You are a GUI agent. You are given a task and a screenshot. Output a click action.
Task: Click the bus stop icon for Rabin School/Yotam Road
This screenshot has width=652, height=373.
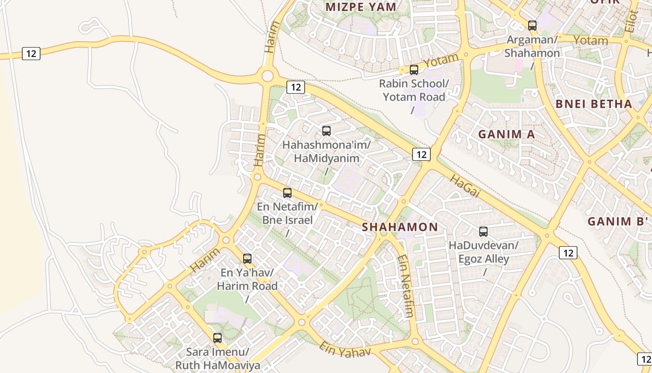[x=414, y=70]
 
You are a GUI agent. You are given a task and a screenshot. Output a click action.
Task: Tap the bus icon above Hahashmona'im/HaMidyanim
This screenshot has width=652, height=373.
[x=326, y=131]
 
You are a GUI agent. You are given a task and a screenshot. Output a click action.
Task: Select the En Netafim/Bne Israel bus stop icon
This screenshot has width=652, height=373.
[x=287, y=193]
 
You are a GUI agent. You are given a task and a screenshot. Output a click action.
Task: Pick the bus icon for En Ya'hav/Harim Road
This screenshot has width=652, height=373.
[x=247, y=259]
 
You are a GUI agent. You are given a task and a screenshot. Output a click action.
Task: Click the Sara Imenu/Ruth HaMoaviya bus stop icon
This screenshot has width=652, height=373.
[x=217, y=338]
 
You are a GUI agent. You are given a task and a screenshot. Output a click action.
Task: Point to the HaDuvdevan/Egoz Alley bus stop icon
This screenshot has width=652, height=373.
[x=483, y=232]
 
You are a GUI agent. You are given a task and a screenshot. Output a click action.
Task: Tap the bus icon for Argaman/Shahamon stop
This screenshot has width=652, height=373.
[x=532, y=26]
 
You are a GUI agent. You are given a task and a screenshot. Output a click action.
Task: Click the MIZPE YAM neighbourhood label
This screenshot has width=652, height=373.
[x=361, y=7]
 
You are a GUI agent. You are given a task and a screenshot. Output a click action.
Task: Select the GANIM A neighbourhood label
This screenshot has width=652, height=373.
[x=507, y=134]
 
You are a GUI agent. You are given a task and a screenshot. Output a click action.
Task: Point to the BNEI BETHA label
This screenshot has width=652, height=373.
[x=594, y=104]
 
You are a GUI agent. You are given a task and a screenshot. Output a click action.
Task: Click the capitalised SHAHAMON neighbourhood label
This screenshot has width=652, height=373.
[x=400, y=227]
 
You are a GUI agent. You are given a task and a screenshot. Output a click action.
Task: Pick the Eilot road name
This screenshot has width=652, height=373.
[x=632, y=21]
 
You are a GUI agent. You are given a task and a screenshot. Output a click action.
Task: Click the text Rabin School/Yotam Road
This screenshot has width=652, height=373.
[x=414, y=90]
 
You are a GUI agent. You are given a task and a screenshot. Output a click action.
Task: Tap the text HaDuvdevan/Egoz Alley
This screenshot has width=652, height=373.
[x=483, y=252]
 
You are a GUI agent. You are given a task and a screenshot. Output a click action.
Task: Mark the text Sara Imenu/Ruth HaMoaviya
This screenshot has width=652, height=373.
[x=217, y=358]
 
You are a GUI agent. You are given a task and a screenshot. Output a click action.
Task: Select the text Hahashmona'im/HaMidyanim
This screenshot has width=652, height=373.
[x=326, y=152]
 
